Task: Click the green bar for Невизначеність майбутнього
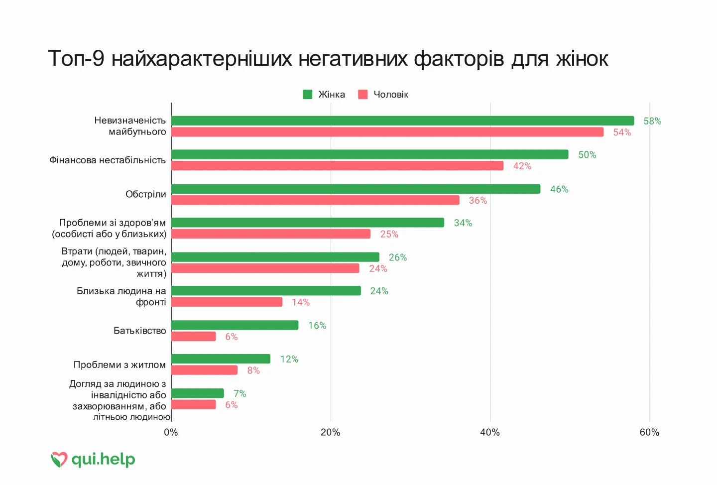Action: click(403, 121)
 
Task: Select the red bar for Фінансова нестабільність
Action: click(338, 165)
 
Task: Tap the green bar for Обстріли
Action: click(356, 189)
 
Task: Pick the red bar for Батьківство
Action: click(194, 336)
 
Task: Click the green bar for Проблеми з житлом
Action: click(221, 359)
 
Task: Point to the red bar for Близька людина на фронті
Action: click(227, 302)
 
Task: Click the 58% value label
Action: click(652, 121)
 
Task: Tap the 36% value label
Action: click(478, 200)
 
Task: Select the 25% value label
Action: click(389, 234)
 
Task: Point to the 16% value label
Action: click(317, 326)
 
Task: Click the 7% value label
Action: click(240, 393)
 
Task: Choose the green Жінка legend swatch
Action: click(308, 95)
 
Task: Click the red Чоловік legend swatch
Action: click(362, 95)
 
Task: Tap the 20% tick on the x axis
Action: click(330, 433)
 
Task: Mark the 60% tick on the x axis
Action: click(649, 433)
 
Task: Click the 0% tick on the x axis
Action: click(171, 433)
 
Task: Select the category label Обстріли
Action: click(145, 194)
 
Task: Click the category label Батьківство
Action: click(140, 330)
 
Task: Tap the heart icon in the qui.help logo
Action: click(59, 460)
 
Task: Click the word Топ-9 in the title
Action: click(76, 59)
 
